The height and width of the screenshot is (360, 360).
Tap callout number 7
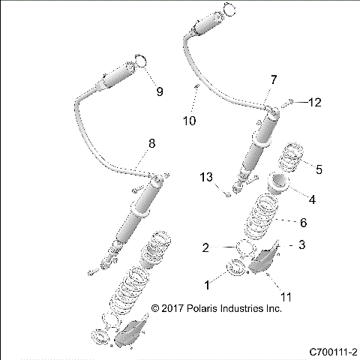click(273, 79)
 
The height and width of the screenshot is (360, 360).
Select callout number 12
click(314, 102)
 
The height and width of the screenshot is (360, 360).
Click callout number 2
click(205, 247)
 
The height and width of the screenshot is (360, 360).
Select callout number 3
click(301, 244)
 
